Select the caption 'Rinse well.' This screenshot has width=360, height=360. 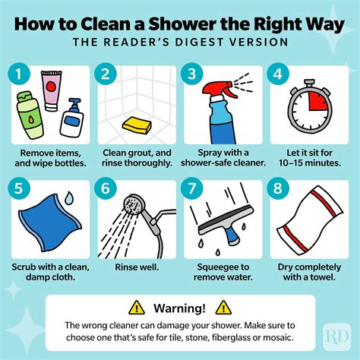tap(136, 267)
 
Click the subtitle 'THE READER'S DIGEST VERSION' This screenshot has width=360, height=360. tap(180, 43)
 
